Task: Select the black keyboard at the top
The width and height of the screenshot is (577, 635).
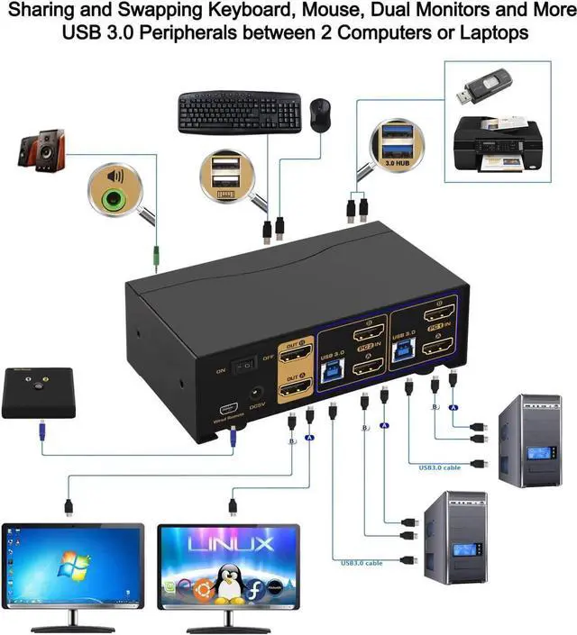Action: pos(238,111)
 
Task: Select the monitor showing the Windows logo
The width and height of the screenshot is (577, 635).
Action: pos(72,565)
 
